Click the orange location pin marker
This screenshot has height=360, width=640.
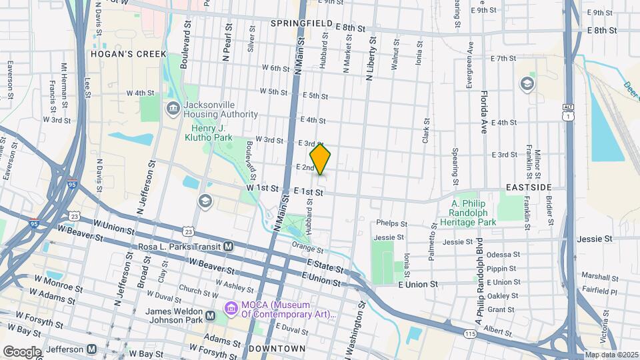[x=321, y=159]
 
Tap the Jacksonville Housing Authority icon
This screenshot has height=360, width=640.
[x=173, y=107]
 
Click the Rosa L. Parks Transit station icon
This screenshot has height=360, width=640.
[x=229, y=247]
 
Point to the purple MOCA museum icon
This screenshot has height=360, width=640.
[x=231, y=308]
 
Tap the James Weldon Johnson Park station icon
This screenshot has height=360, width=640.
[x=211, y=315]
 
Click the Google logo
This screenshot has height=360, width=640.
[x=22, y=351]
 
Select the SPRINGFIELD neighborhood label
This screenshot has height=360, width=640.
[x=301, y=23]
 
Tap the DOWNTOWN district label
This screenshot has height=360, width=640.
[x=276, y=349]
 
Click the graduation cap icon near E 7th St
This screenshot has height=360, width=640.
[x=527, y=83]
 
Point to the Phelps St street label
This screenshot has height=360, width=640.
[x=391, y=223]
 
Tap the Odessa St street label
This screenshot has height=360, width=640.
[x=503, y=255]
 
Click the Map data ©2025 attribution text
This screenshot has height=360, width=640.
[x=610, y=354]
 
